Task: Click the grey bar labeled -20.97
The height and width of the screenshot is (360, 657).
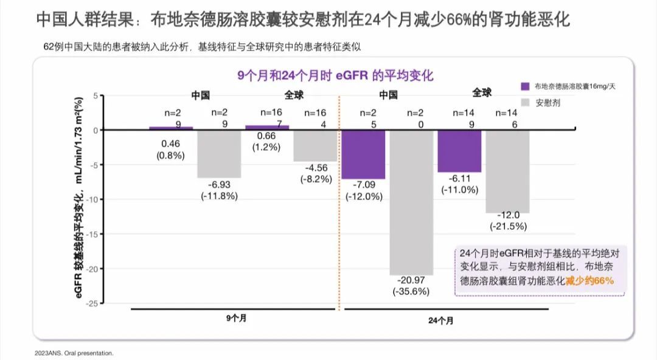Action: click(x=411, y=202)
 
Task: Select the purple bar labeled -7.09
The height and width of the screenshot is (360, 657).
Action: click(x=363, y=154)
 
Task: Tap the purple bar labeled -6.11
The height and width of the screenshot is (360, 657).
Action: click(x=459, y=151)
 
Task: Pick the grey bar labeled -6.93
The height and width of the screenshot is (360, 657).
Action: click(x=219, y=153)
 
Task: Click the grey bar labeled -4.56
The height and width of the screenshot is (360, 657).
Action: click(x=315, y=145)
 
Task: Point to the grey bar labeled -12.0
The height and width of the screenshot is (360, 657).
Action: click(x=507, y=171)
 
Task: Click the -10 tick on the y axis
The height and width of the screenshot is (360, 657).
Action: click(x=92, y=199)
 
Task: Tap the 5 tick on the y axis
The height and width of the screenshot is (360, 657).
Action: click(x=95, y=95)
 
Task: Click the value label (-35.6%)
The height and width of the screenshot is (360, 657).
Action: click(x=411, y=291)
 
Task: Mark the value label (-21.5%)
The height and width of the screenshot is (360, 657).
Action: click(x=508, y=226)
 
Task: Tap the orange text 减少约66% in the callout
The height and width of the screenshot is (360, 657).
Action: click(x=590, y=281)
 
